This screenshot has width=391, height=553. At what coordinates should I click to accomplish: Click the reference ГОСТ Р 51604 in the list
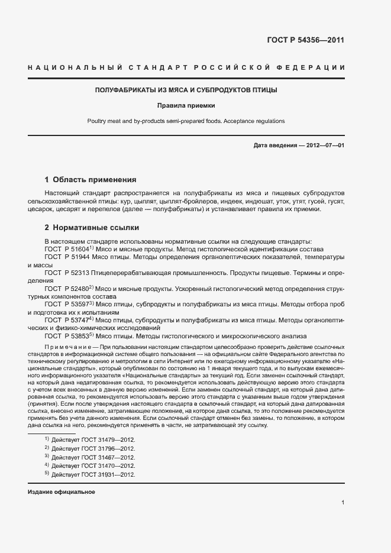coord(65,250)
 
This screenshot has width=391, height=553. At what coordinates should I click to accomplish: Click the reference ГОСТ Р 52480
coord(65,289)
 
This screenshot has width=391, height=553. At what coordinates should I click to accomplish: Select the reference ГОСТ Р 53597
coord(65,304)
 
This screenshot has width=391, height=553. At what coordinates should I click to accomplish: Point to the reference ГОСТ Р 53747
coord(65,319)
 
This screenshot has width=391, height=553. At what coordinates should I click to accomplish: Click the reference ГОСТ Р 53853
coord(65,335)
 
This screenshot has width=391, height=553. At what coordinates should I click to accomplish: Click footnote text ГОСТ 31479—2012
coord(93,439)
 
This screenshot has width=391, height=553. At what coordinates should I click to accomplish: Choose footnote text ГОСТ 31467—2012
coord(93,457)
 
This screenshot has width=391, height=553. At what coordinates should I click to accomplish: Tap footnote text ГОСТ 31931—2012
coord(93,475)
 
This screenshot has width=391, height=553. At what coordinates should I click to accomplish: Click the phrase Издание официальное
coord(62,492)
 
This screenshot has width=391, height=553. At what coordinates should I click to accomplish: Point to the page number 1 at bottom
coord(342,503)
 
